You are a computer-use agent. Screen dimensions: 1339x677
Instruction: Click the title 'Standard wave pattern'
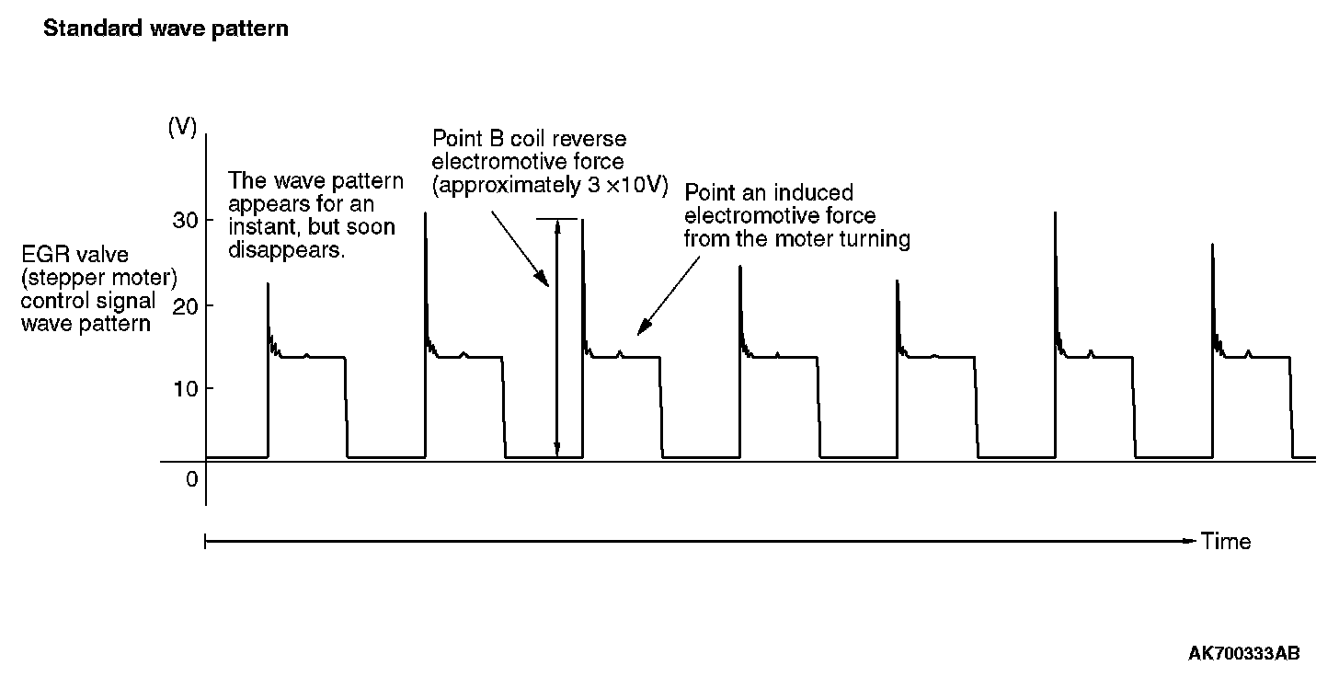point(166,29)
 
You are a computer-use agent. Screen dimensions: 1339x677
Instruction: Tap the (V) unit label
point(182,128)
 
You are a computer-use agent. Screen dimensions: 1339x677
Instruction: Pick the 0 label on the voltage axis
point(191,479)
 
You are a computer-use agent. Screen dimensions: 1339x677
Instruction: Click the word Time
point(1226,541)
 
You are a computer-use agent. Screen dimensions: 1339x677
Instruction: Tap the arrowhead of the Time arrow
point(1192,541)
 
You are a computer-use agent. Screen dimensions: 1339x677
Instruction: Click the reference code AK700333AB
point(1243,654)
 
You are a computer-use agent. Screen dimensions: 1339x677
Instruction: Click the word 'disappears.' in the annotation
point(287,249)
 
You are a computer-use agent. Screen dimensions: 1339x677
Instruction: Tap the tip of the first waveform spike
point(268,284)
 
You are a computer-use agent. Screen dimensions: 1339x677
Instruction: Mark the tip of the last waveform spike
point(1213,245)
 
